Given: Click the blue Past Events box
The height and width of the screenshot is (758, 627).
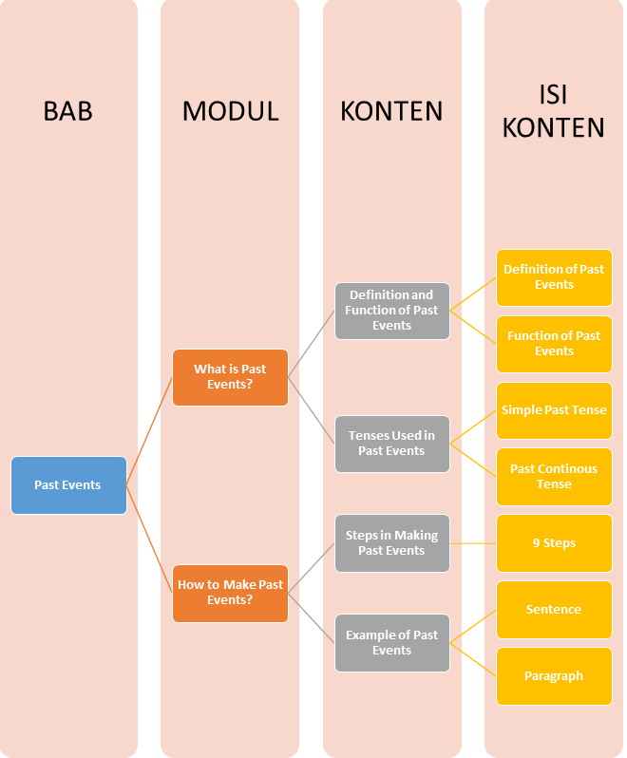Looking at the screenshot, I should click(68, 485).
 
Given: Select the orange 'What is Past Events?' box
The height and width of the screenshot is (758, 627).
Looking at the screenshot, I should click(230, 377).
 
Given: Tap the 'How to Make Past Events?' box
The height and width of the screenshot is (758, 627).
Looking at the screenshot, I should click(230, 593).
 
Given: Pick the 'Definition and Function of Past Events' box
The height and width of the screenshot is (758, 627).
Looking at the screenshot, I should click(391, 311).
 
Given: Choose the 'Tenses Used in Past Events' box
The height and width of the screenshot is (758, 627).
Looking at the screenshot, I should click(391, 444).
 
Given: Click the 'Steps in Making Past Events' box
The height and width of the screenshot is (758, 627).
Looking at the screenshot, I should click(391, 543).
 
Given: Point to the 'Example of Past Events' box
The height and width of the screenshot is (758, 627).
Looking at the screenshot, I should click(391, 643).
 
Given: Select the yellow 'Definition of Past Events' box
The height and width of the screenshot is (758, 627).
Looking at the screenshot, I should click(554, 277).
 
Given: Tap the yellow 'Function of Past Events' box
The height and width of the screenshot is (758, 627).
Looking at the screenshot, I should click(554, 344).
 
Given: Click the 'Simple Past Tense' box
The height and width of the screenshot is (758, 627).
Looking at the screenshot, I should click(554, 410).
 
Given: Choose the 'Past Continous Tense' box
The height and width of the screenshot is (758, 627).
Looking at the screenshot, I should click(554, 477).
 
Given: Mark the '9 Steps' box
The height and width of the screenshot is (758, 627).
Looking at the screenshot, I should click(554, 543).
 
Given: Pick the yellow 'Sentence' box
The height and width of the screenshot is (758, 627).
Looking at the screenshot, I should click(554, 610).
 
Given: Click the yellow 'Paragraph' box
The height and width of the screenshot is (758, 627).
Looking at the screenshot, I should click(554, 676).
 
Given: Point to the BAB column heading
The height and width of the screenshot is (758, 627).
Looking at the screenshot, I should click(68, 111).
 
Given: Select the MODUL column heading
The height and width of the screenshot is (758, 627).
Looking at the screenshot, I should click(230, 111).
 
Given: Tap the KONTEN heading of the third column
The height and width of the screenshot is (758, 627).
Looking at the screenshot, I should click(391, 111).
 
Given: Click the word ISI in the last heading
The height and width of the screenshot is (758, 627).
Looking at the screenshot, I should click(554, 94).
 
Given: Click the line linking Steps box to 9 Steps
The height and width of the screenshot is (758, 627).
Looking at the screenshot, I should click(473, 543).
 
